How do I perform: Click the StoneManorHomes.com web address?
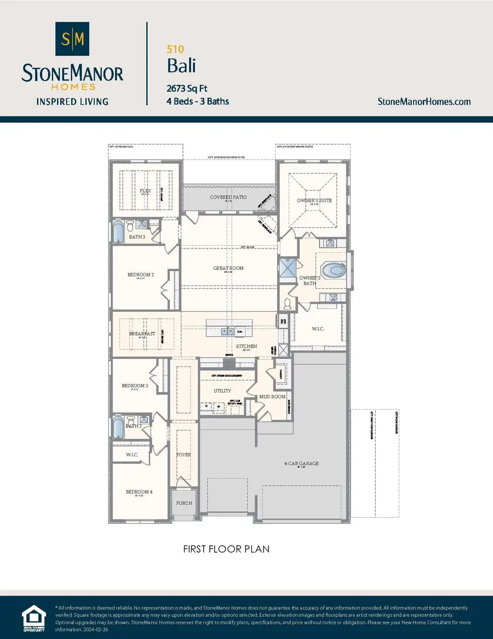(425, 101)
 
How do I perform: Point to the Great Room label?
(228, 268)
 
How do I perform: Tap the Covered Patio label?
(228, 197)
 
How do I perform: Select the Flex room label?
(145, 191)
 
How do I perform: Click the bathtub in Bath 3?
(119, 232)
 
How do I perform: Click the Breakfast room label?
(142, 333)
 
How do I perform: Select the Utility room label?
(222, 391)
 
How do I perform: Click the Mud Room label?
(272, 396)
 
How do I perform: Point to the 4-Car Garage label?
(301, 463)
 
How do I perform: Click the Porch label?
(184, 503)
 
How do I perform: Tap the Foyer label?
(183, 455)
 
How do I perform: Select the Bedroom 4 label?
(139, 492)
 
